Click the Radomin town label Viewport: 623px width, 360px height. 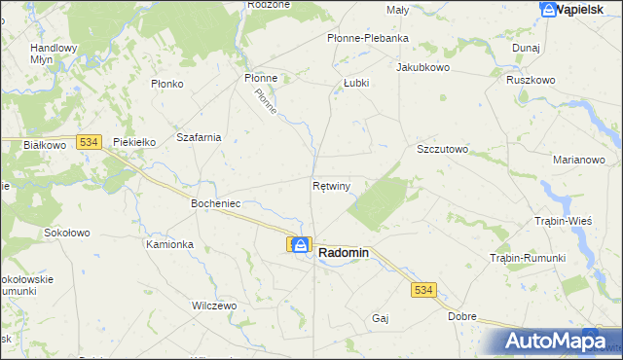tap(344, 252)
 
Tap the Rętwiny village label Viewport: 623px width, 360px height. tap(332, 184)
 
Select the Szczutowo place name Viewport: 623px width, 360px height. tap(443, 150)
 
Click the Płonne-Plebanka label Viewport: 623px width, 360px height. tap(367, 38)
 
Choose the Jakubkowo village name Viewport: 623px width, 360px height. tap(421, 68)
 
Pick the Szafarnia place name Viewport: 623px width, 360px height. tap(199, 137)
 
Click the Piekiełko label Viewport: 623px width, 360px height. tap(135, 142)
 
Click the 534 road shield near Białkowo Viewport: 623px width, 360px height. tap(89, 142)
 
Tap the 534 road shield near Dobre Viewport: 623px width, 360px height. tap(423, 290)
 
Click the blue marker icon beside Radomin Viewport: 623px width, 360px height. tap(301, 246)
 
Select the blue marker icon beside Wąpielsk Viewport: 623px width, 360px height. tap(549, 9)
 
